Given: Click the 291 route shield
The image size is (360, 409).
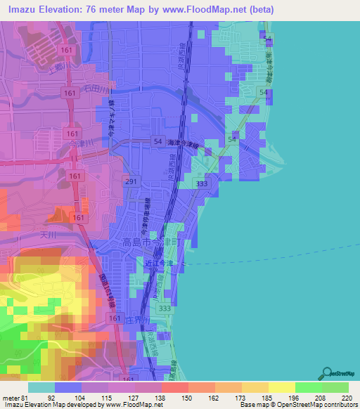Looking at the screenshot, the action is click(x=131, y=181).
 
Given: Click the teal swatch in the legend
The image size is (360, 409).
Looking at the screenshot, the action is click(x=41, y=387).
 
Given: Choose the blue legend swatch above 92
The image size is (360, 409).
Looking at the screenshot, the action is click(x=67, y=387).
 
